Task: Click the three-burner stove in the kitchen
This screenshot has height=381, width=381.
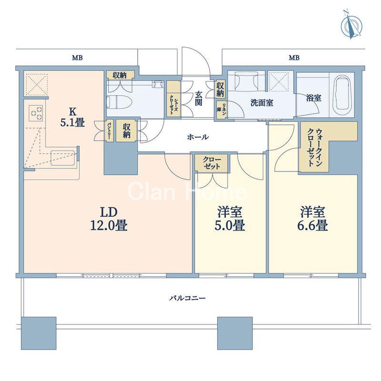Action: [x=36, y=113]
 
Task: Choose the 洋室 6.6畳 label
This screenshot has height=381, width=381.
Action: [x=313, y=219]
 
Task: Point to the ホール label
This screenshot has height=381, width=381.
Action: [x=198, y=137]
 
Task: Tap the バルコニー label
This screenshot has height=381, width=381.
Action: [x=187, y=298]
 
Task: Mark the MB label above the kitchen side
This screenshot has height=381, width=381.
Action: [x=77, y=58]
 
